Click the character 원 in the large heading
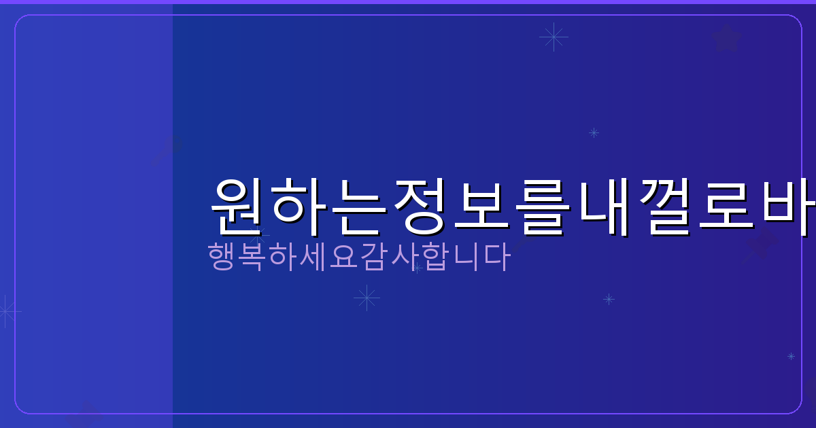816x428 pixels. tap(239, 207)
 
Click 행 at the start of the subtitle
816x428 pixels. tap(220, 257)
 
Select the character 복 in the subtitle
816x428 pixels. tap(253, 257)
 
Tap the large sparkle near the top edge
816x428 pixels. tap(554, 37)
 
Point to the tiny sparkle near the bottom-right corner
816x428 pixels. tap(791, 356)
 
